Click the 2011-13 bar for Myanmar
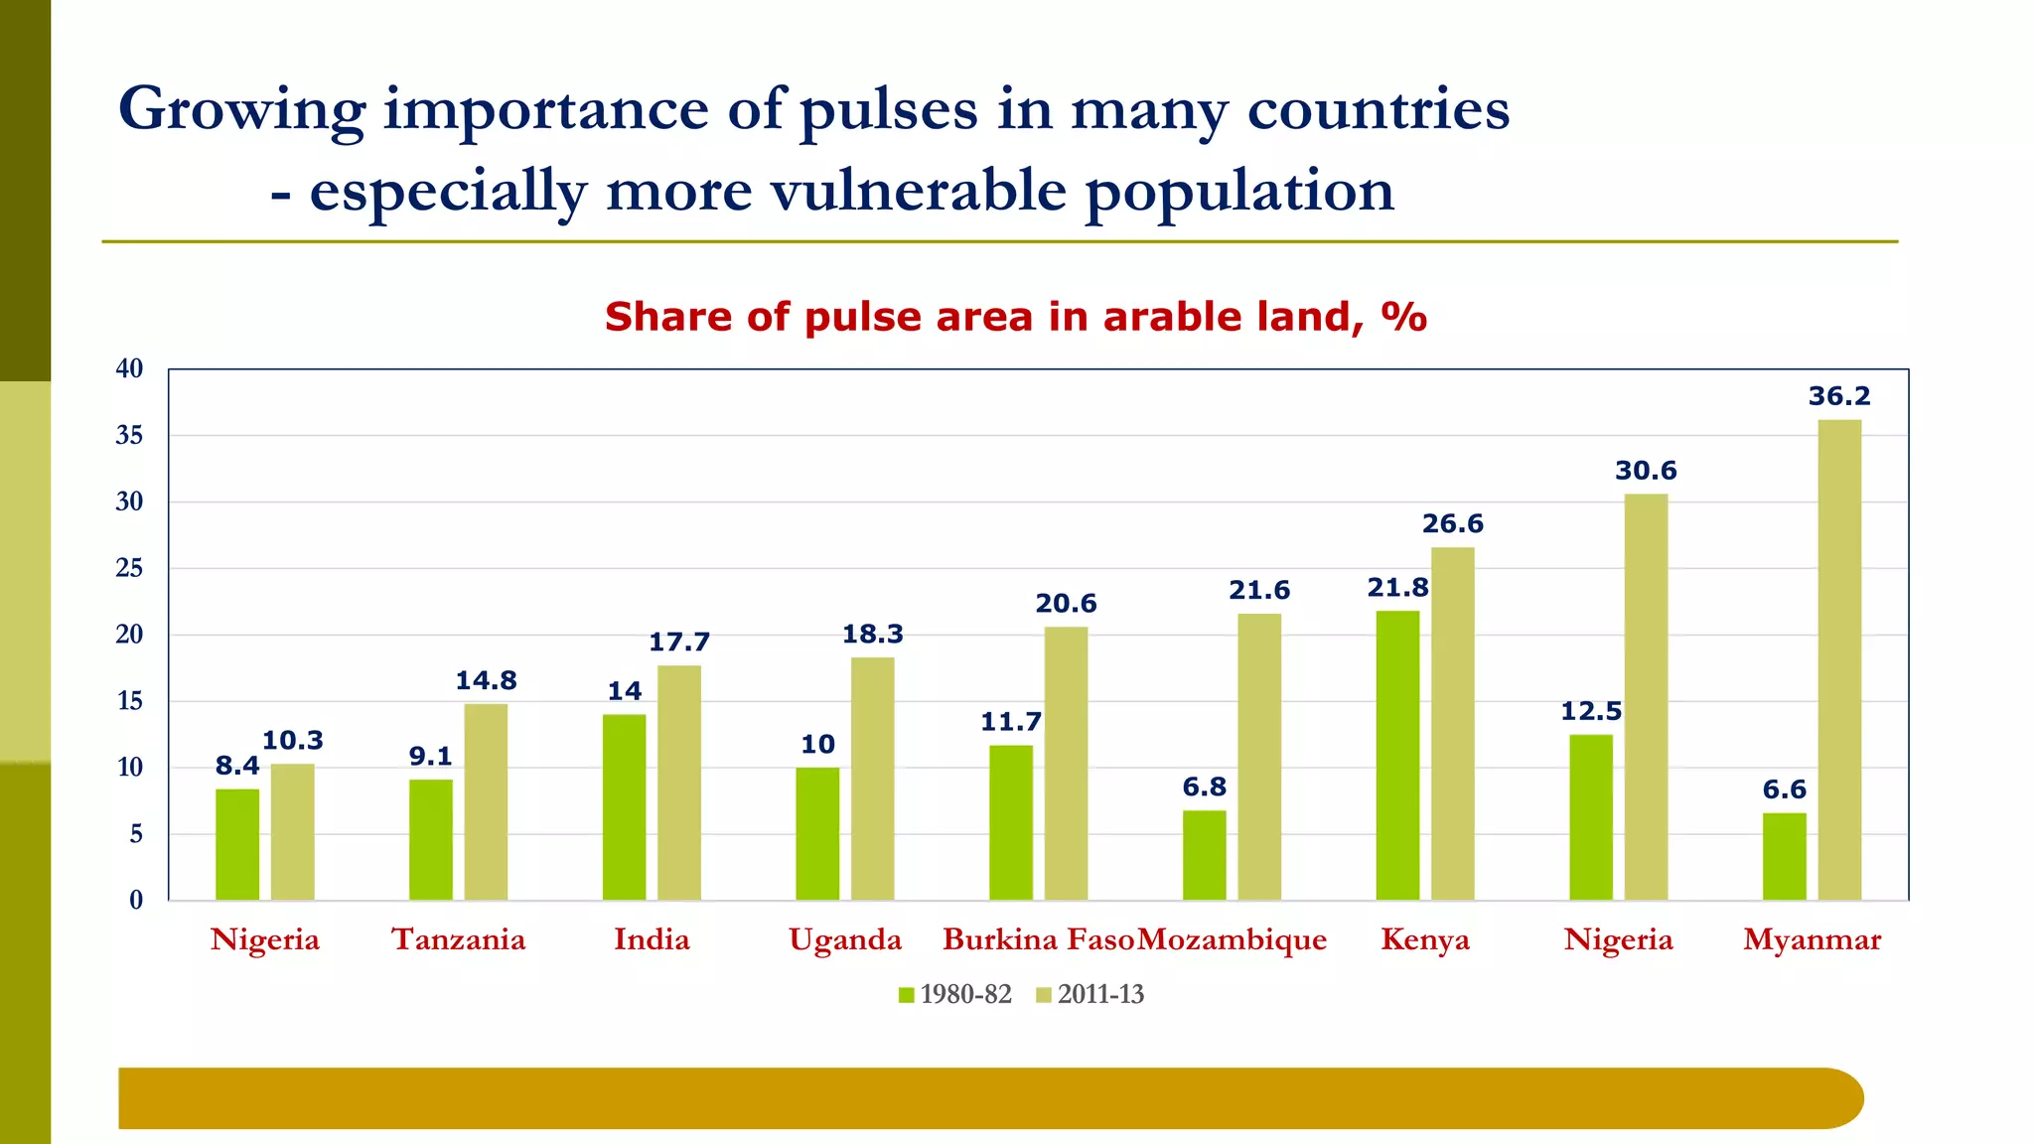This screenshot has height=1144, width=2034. click(x=1839, y=660)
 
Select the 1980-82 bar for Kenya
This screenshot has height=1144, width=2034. click(x=1397, y=756)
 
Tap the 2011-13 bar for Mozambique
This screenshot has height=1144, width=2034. click(x=1259, y=757)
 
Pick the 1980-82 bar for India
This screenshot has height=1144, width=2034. click(x=624, y=807)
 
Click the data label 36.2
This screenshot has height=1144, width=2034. click(x=1839, y=396)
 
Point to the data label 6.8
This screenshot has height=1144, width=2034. click(x=1204, y=787)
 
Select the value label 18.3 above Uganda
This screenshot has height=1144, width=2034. click(x=873, y=635)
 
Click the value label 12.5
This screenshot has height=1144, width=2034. click(x=1590, y=711)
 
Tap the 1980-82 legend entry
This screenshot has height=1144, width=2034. click(x=955, y=994)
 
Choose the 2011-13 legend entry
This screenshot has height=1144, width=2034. click(x=1090, y=994)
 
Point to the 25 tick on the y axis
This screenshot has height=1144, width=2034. click(x=129, y=568)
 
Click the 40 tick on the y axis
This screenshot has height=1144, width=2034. click(x=129, y=368)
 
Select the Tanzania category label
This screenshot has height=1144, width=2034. click(x=458, y=939)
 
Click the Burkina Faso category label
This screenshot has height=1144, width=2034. click(x=1037, y=939)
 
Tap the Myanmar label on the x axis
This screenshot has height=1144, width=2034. click(x=1812, y=939)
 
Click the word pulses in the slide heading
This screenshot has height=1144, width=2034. click(x=888, y=109)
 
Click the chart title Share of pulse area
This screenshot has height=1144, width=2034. click(x=1015, y=317)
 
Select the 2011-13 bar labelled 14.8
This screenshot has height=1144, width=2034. click(x=486, y=802)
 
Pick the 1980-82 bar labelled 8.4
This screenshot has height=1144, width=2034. click(x=237, y=845)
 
